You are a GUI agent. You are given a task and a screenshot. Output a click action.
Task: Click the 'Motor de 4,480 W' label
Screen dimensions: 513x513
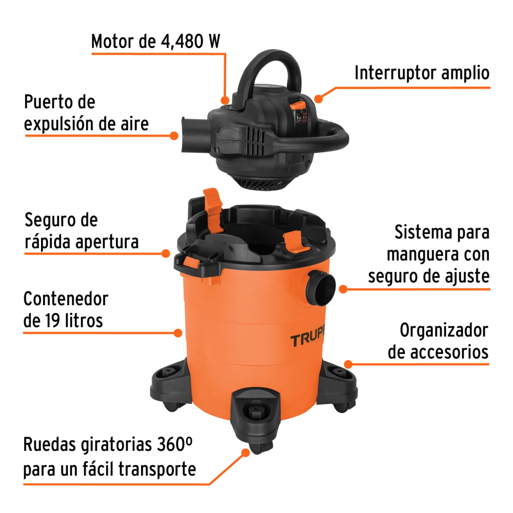155,42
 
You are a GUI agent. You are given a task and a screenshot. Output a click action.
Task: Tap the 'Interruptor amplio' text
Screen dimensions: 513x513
422,73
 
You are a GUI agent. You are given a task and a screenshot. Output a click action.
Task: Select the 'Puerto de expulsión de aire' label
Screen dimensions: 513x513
86,113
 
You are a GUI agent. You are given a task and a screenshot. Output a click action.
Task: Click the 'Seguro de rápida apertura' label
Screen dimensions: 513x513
82,231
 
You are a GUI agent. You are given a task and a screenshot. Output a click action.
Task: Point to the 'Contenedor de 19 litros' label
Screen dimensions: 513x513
66,309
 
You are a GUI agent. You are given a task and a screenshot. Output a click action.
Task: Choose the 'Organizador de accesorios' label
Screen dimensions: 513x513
438,341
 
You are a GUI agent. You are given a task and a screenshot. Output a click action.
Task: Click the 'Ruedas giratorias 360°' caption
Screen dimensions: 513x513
108,445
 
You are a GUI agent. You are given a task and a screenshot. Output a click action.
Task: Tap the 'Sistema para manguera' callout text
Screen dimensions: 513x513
438,243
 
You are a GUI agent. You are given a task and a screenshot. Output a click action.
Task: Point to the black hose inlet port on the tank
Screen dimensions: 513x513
321,288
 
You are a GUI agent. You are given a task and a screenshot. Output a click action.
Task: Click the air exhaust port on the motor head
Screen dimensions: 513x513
194,134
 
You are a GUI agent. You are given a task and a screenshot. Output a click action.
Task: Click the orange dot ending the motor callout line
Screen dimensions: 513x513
225,100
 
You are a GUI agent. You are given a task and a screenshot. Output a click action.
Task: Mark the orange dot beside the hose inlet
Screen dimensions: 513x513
343,289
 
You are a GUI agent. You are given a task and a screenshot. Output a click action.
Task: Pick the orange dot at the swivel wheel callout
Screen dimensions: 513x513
245,453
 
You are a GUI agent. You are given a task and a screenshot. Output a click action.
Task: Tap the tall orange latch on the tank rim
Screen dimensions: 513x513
212,209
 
